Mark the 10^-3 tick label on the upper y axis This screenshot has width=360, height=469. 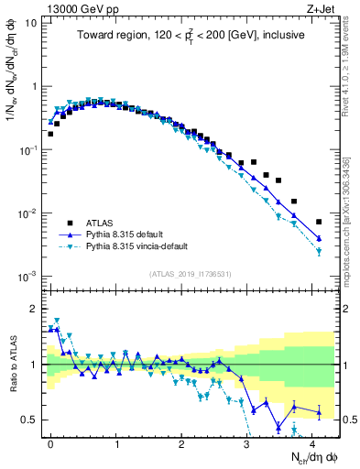click(27, 276)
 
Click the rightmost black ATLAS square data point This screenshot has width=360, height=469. click(319, 222)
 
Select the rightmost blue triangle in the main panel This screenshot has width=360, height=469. click(319, 238)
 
